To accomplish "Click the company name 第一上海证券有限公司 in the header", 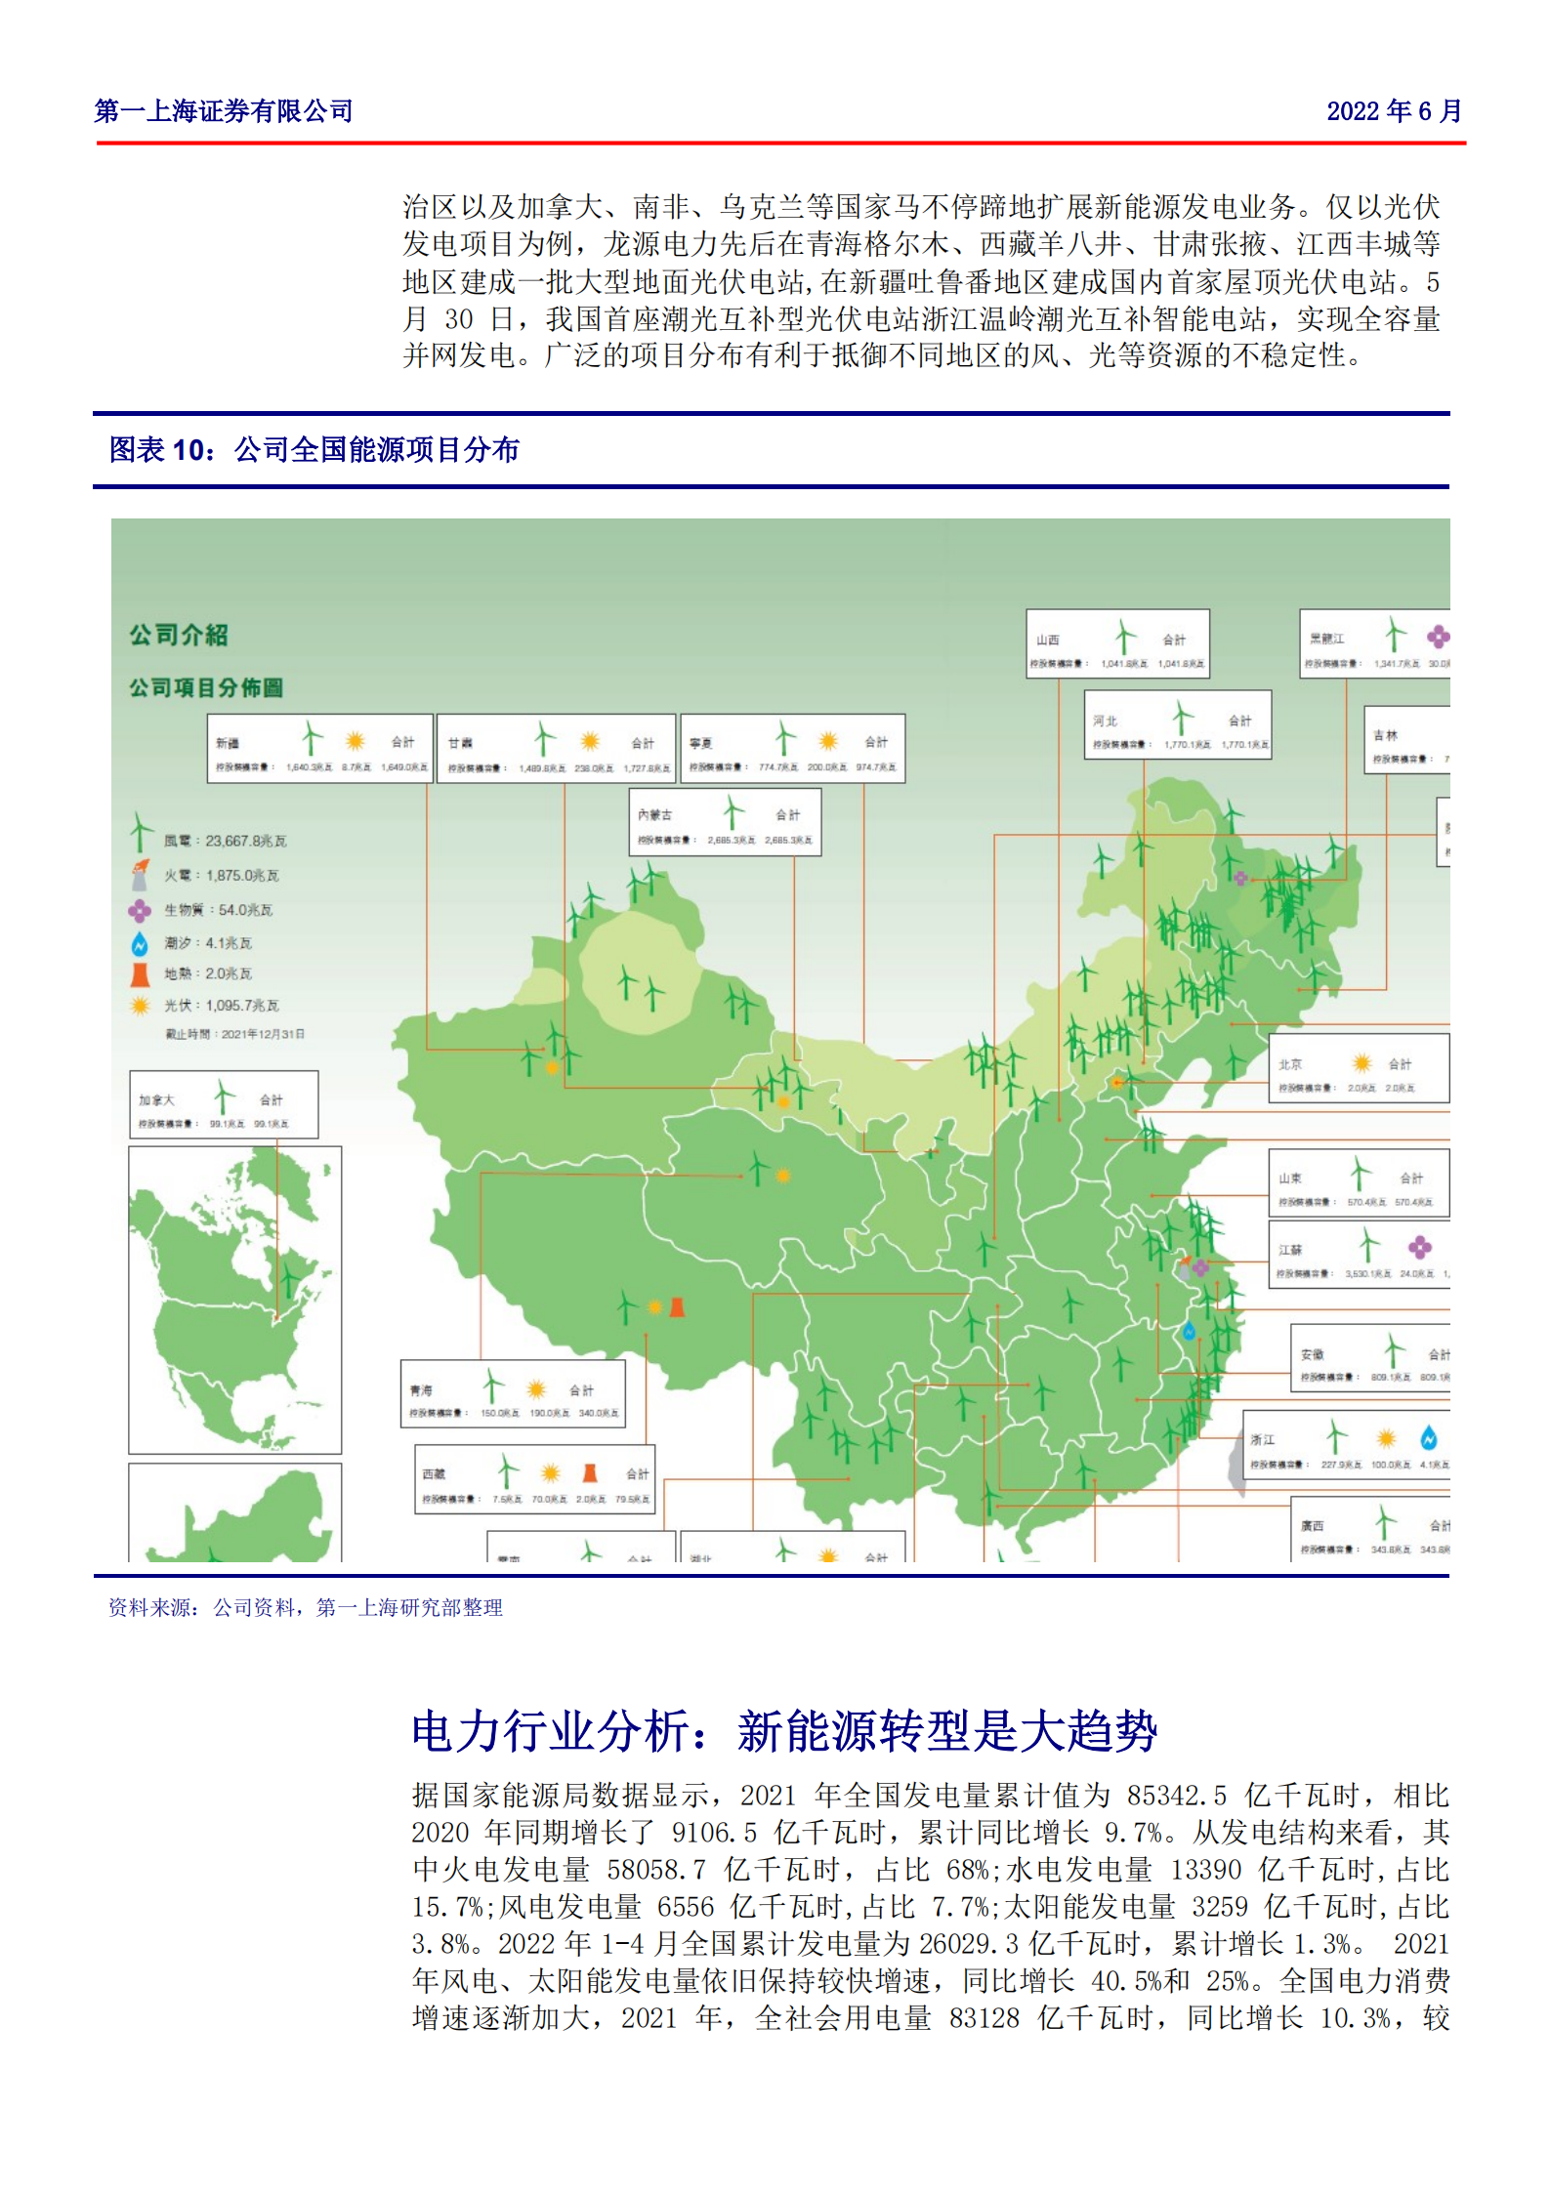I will tap(224, 111).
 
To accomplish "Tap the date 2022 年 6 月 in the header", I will tap(1393, 111).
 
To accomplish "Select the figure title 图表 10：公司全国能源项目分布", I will tap(314, 450).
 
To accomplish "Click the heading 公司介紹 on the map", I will tap(179, 636).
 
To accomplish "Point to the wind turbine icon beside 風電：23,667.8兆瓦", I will tap(142, 835).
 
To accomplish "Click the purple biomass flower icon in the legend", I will tap(140, 910).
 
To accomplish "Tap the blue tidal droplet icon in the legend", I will tap(140, 943).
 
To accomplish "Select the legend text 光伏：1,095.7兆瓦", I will tap(222, 1006).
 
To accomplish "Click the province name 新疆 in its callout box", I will tap(227, 743).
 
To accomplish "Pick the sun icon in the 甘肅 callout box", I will tap(590, 741).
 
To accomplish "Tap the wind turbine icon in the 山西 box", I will tap(1125, 637).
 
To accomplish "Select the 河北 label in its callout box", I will tap(1105, 721).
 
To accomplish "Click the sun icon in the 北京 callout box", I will tap(1361, 1063).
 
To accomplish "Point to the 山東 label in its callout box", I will tap(1290, 1179).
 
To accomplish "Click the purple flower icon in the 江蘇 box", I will tap(1420, 1247).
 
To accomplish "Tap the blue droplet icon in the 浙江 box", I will tap(1429, 1437).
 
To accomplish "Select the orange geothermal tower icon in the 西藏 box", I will tap(589, 1472).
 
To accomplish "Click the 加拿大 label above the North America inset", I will tap(156, 1100).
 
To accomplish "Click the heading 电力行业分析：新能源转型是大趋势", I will tap(783, 1732).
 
